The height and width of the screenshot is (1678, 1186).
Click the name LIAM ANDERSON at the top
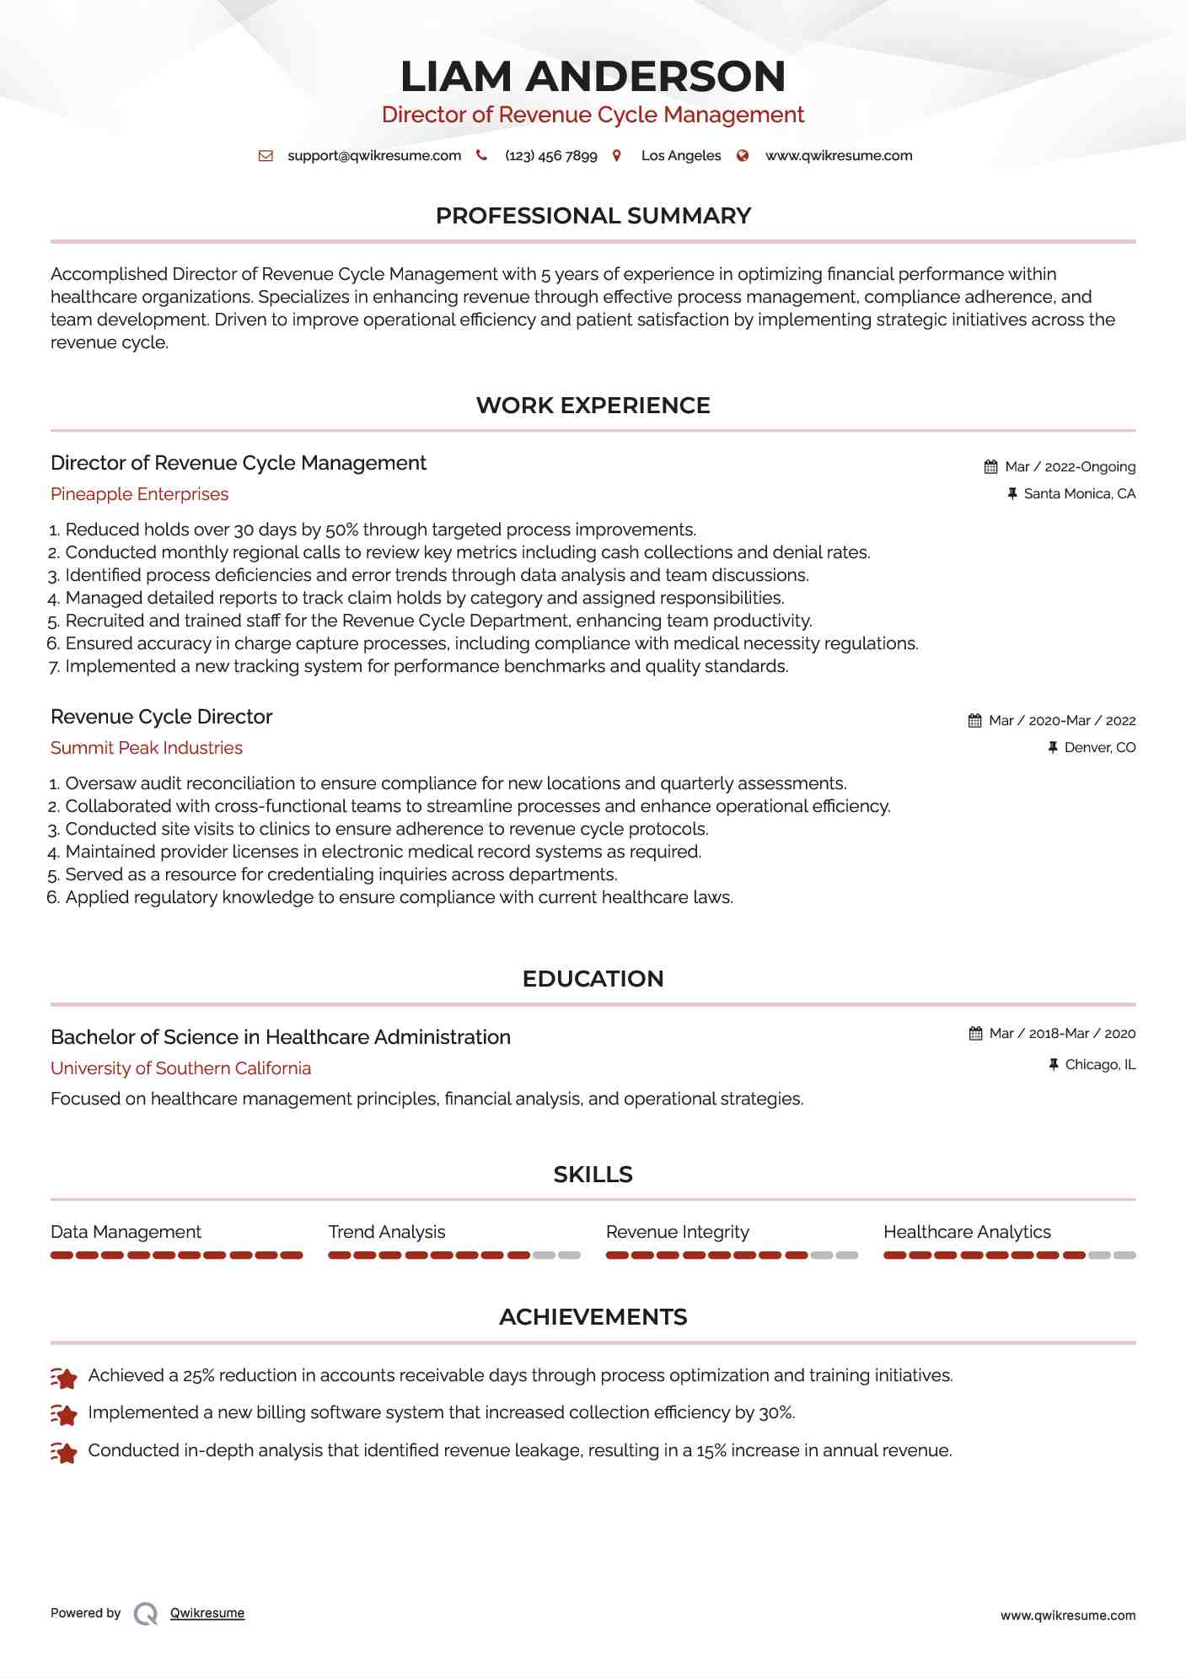click(x=593, y=76)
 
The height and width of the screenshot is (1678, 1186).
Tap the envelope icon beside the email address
click(x=266, y=156)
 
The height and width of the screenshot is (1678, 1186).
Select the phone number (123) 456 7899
click(x=550, y=156)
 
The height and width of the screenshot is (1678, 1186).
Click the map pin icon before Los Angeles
click(x=617, y=156)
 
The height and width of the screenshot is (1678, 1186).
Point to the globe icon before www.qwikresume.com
click(x=743, y=156)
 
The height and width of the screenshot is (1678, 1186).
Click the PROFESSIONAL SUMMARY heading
click(x=593, y=216)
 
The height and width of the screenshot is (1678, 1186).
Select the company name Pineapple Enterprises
click(x=139, y=494)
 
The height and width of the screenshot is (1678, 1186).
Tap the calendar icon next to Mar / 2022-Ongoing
click(x=990, y=467)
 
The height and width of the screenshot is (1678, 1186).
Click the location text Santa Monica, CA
click(x=1079, y=494)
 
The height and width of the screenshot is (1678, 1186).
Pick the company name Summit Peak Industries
click(x=147, y=748)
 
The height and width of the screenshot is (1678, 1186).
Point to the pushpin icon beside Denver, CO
click(x=1053, y=748)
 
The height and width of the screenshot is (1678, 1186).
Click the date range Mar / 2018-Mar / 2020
click(x=1062, y=1034)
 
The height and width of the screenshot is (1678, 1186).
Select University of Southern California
click(x=180, y=1068)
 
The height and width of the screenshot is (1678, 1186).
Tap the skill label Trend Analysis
click(x=387, y=1232)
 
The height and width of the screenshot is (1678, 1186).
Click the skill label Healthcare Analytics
click(x=967, y=1232)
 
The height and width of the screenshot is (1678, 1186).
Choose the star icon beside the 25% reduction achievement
click(x=64, y=1377)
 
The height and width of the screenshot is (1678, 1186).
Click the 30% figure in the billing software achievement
click(x=775, y=1412)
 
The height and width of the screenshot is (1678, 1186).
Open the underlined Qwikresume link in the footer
click(x=207, y=1613)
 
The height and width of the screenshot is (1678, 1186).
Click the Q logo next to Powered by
click(x=146, y=1614)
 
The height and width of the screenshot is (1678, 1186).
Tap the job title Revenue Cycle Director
click(x=161, y=717)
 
